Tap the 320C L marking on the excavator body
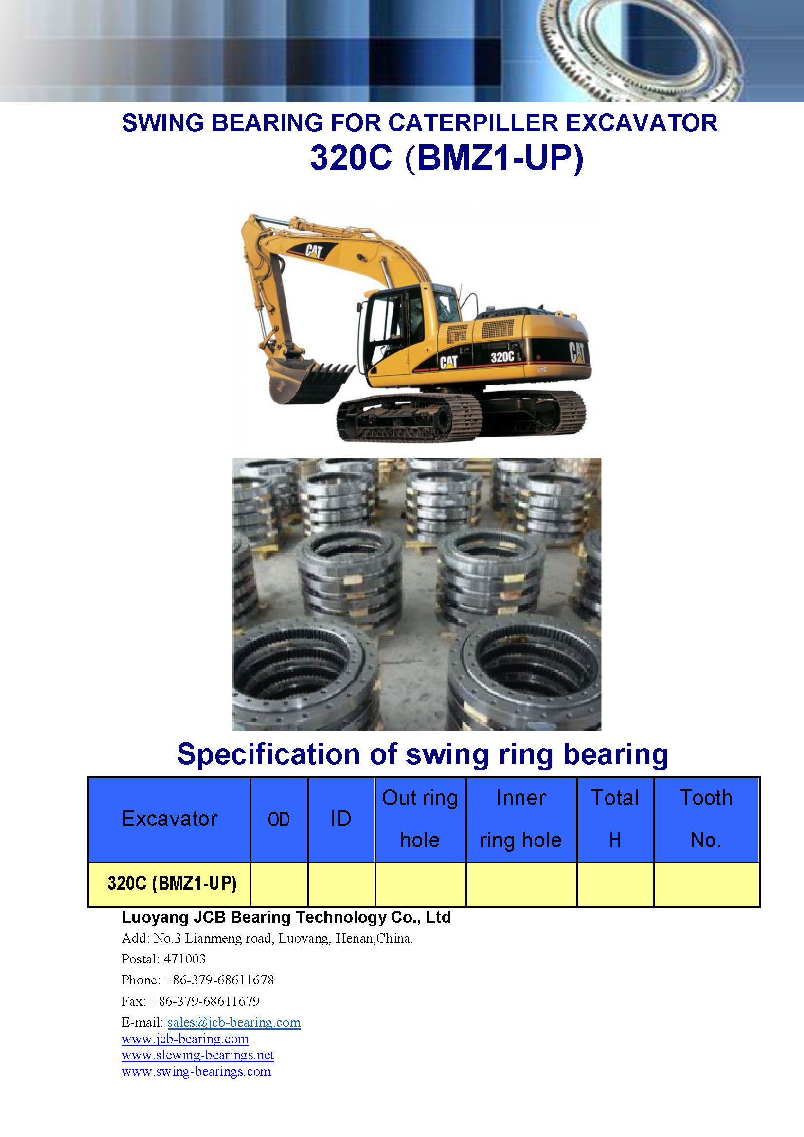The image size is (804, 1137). (x=506, y=356)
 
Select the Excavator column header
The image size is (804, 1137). (x=169, y=819)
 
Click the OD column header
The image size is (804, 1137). (x=279, y=820)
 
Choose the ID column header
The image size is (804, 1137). (x=341, y=819)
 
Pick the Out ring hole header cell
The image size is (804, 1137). (x=420, y=819)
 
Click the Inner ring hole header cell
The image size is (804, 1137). (x=521, y=819)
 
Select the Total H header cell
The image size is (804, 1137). (x=615, y=819)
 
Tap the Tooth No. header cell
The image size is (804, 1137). (x=706, y=819)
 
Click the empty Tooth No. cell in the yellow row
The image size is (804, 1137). (x=706, y=884)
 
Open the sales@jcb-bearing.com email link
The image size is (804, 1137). (x=234, y=1022)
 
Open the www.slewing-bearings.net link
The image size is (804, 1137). (x=197, y=1055)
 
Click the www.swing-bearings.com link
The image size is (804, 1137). (x=196, y=1071)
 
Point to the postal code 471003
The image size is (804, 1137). (x=184, y=959)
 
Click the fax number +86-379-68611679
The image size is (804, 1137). (x=205, y=1001)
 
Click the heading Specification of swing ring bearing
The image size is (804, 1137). (x=423, y=754)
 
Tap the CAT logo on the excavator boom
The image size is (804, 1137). (x=313, y=251)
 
